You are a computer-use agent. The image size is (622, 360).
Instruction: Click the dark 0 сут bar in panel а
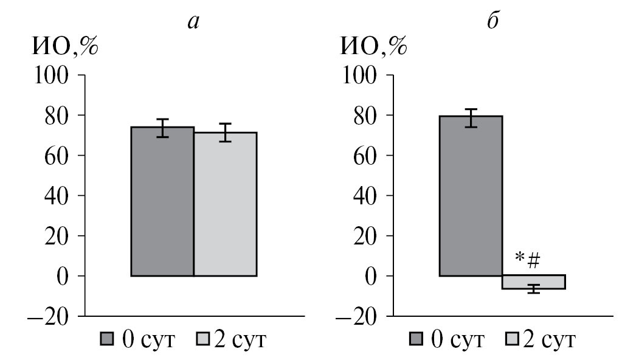pos(162,201)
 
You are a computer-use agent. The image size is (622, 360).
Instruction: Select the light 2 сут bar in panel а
pos(225,204)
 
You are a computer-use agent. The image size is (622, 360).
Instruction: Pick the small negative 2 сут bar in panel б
pos(533,282)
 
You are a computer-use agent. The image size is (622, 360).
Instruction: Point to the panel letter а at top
pos(194,22)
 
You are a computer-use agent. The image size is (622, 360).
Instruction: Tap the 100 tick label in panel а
pos(54,75)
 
